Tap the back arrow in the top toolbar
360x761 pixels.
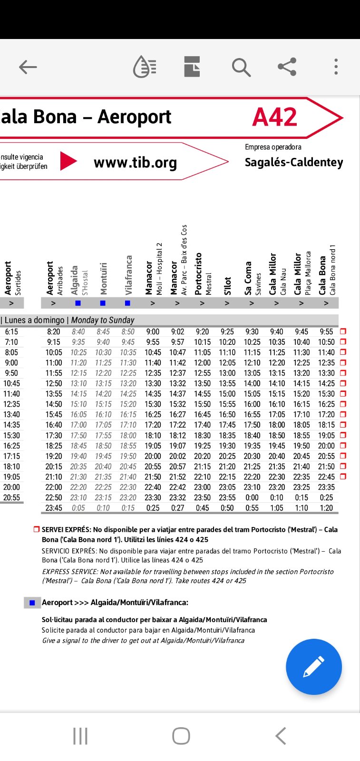(28, 67)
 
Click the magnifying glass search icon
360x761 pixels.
(241, 67)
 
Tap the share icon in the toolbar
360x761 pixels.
(287, 67)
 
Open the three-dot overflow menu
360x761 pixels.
(336, 67)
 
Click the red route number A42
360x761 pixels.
(275, 117)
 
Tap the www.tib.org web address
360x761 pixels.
(135, 163)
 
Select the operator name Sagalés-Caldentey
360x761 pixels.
(293, 162)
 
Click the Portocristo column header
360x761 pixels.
(198, 274)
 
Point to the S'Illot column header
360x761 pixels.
(227, 286)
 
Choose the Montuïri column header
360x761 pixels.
(103, 279)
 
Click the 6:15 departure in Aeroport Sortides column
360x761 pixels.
(11, 332)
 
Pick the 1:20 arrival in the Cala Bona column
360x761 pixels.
(326, 508)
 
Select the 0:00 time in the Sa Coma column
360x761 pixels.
(252, 498)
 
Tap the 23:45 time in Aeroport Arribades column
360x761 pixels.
(54, 508)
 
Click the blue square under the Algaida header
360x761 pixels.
(78, 303)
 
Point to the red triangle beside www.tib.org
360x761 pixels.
(68, 161)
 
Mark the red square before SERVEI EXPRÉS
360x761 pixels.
(37, 529)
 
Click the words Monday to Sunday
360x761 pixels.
(103, 320)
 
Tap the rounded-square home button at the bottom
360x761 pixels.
(181, 736)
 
